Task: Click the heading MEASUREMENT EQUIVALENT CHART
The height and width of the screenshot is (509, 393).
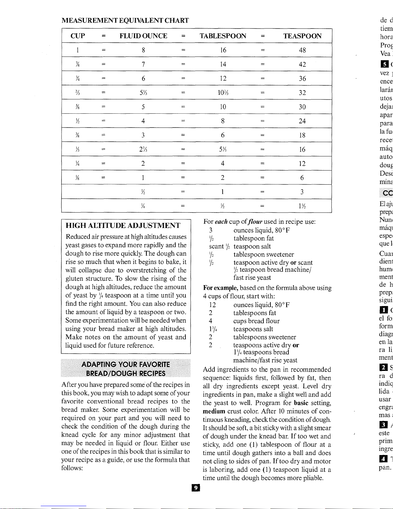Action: [125, 21]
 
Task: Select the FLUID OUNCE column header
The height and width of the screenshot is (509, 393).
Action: [143, 36]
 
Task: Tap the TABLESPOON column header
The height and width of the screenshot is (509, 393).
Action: [223, 36]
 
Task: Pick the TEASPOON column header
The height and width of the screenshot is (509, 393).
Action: [302, 36]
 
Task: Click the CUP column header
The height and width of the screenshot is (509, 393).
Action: [78, 36]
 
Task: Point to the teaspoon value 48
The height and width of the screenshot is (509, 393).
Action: [302, 50]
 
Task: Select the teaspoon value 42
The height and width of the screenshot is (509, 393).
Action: [302, 64]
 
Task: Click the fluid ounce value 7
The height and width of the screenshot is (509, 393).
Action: [143, 64]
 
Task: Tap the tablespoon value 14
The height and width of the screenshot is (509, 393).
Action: [223, 64]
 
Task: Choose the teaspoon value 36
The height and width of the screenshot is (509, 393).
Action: [302, 78]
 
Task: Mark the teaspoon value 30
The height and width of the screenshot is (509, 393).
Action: [302, 107]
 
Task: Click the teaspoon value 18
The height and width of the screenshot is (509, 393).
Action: [302, 135]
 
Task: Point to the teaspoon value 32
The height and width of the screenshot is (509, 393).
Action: [302, 93]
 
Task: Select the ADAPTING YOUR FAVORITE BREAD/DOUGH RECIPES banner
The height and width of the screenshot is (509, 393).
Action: [126, 369]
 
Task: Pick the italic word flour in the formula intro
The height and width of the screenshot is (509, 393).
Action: [255, 222]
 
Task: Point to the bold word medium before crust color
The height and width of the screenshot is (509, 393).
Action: [214, 411]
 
